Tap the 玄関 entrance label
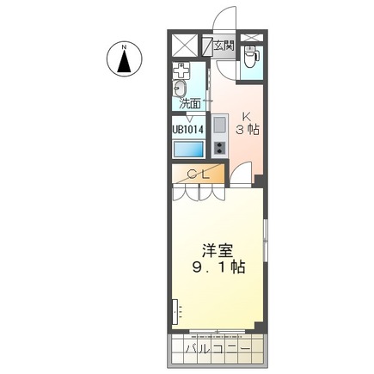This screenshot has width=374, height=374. click(223, 45)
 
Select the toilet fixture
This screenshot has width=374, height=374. click(250, 58)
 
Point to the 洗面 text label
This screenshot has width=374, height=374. click(190, 103)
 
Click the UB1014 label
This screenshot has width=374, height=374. click(187, 130)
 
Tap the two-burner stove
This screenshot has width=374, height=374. click(218, 147)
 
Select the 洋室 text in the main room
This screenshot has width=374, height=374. click(218, 249)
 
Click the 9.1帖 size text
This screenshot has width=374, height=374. click(218, 267)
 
